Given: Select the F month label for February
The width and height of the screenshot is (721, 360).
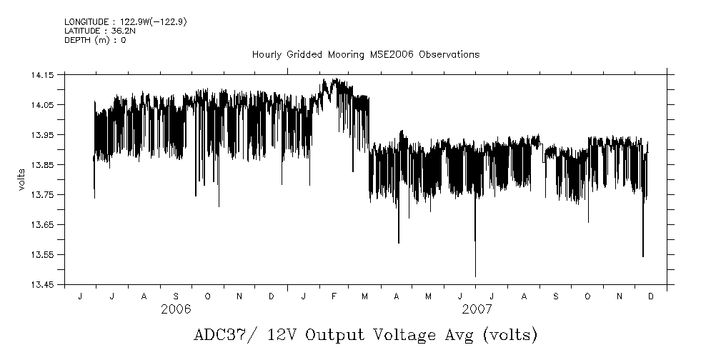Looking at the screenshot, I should click(335, 296).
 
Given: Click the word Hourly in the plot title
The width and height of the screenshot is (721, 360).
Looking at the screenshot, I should click(267, 54).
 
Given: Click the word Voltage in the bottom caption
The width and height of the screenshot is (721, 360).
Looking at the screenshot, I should click(394, 335).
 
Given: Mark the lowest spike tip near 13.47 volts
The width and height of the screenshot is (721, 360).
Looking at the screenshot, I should click(475, 276).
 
